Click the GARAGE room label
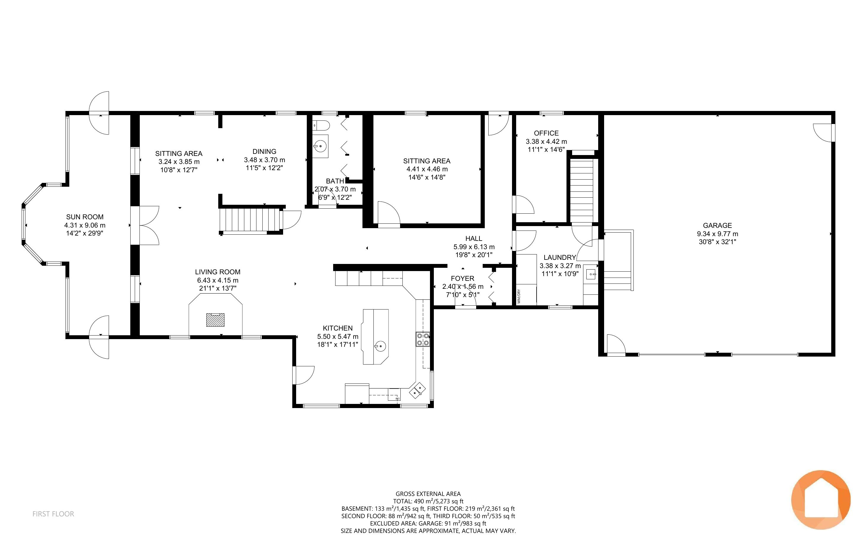point(717,225)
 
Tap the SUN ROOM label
point(85,217)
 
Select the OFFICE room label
point(546,133)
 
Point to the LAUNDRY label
point(560,257)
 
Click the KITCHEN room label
point(338,328)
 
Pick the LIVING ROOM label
point(218,272)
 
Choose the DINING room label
point(264,151)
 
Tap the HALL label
point(474,239)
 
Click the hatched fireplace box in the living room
point(215,320)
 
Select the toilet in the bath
point(321,125)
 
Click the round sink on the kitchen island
point(381,346)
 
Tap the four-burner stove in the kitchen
point(423,339)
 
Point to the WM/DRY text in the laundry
point(519,296)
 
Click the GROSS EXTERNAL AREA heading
point(428,494)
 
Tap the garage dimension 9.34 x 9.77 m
point(718,233)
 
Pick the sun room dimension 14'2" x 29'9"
point(85,233)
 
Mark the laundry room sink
point(591,274)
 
